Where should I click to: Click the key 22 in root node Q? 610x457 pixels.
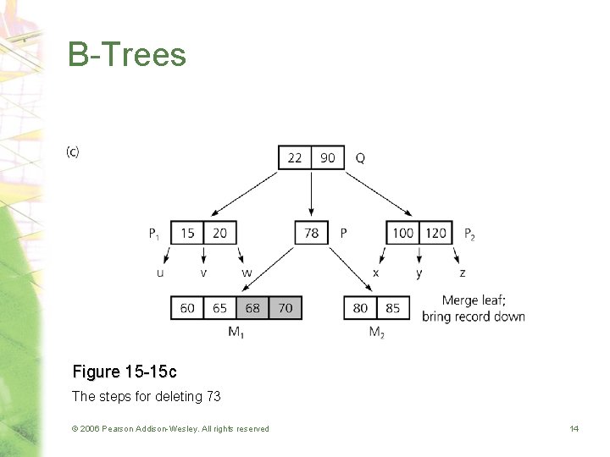click(x=295, y=158)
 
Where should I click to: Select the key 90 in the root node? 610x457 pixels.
click(x=328, y=158)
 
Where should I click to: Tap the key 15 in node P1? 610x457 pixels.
click(x=187, y=233)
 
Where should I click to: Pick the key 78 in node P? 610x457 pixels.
click(x=312, y=233)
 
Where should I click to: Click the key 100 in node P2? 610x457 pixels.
click(x=403, y=233)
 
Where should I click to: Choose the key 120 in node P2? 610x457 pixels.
click(x=436, y=233)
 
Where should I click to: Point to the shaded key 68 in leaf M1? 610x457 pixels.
click(x=252, y=308)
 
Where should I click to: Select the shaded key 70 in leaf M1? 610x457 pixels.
click(x=286, y=308)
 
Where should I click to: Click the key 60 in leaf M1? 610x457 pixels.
click(x=187, y=308)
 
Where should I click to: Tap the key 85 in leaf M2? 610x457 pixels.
click(x=393, y=308)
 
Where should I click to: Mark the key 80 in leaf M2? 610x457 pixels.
click(x=360, y=308)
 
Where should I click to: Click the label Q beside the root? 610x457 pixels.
click(x=361, y=158)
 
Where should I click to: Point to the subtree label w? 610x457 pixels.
click(x=247, y=273)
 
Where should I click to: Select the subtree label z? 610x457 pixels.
click(x=462, y=273)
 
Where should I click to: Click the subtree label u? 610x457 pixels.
click(x=160, y=273)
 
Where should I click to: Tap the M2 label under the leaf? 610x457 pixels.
click(x=377, y=333)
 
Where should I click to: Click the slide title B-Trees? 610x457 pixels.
click(x=127, y=55)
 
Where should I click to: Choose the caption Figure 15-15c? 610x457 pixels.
click(x=125, y=372)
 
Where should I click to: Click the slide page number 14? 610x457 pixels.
click(x=574, y=429)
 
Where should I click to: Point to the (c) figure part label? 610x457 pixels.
click(x=73, y=152)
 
